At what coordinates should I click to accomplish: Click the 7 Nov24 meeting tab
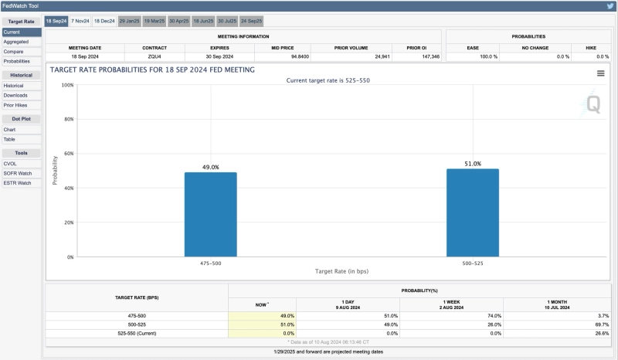point(80,21)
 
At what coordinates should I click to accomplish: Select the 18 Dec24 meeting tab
point(104,21)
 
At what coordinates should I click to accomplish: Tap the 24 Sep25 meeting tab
point(251,21)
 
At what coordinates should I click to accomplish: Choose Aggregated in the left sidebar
point(16,41)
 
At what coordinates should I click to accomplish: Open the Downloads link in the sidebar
point(15,95)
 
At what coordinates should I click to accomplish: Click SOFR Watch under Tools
point(18,173)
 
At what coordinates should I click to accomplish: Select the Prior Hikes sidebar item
point(16,104)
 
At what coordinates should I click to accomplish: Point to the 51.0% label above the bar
point(473,164)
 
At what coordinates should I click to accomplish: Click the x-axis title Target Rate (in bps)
point(341,271)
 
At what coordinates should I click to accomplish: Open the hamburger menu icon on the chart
point(600,73)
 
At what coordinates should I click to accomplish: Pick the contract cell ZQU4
point(154,56)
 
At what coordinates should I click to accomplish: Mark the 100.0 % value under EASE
point(488,56)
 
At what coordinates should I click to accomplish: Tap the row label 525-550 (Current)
point(136,333)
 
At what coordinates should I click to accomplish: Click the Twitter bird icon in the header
point(610,5)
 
